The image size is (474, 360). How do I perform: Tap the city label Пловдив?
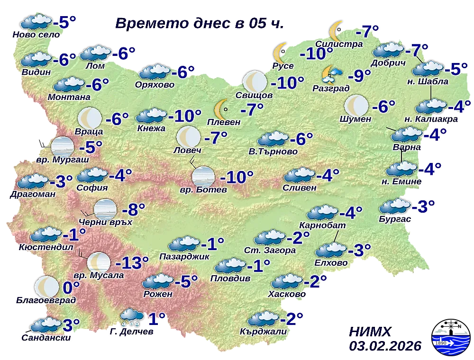coord(231,279)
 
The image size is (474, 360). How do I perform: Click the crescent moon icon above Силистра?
coord(336,30)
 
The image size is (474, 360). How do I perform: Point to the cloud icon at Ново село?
coord(36,22)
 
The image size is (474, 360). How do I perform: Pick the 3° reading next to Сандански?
coord(71,325)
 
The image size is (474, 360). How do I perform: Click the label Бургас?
coord(394,218)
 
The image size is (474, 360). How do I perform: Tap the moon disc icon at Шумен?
coord(356,105)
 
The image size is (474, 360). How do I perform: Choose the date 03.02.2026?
coord(385,346)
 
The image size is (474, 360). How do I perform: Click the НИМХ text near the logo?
coord(370,331)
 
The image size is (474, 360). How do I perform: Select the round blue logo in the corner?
coord(449,340)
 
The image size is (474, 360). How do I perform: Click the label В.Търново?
coord(273,152)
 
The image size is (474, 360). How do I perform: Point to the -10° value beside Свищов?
coord(287,83)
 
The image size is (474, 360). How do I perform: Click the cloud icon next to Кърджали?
coord(263,318)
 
